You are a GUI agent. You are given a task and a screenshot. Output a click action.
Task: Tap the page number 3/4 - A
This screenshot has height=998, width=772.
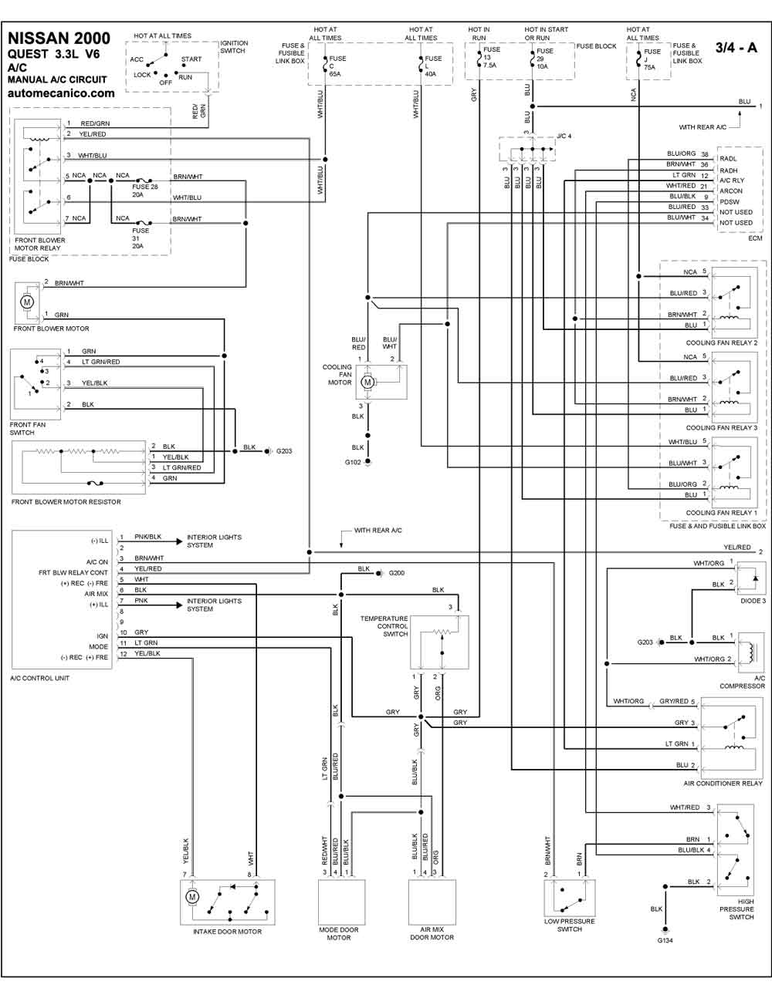click(x=736, y=47)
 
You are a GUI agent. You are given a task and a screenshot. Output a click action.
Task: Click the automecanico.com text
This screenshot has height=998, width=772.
click(x=61, y=93)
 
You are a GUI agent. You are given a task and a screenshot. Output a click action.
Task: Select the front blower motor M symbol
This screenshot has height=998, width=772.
click(x=27, y=302)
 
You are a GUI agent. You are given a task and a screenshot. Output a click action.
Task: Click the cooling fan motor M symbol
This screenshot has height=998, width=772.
click(x=368, y=382)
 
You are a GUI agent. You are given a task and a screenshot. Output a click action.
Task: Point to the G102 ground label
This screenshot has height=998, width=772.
click(x=353, y=463)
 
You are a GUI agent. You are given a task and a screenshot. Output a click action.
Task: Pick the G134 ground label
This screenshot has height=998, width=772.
click(x=665, y=940)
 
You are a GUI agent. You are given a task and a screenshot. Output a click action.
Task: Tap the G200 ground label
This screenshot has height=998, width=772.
click(x=397, y=573)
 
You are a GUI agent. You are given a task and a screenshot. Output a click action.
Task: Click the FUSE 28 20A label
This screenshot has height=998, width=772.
click(x=145, y=190)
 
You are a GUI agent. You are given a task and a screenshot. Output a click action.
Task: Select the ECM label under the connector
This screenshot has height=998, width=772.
click(x=755, y=238)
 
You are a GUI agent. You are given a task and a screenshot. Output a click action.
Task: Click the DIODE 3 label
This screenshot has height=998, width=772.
click(x=753, y=600)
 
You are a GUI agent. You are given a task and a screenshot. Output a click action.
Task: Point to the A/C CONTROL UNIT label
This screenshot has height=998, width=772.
click(x=40, y=678)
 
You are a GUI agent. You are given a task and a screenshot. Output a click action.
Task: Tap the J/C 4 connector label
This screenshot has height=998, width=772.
click(x=564, y=136)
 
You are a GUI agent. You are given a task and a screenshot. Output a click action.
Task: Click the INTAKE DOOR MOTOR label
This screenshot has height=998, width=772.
click(x=227, y=932)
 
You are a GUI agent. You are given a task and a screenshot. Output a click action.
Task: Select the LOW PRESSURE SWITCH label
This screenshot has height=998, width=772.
click(x=570, y=925)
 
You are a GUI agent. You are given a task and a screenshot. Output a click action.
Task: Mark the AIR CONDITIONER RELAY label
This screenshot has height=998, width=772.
click(x=723, y=784)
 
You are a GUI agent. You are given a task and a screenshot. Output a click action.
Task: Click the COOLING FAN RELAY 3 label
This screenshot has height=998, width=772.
click(x=721, y=428)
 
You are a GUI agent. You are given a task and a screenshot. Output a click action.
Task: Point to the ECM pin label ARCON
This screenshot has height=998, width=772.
click(x=730, y=191)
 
